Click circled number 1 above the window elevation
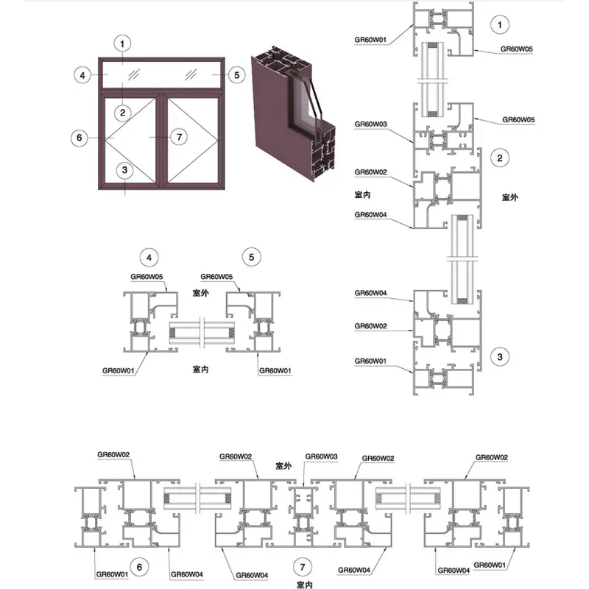point(124,43)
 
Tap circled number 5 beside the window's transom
point(236,74)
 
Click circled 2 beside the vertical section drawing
point(501,157)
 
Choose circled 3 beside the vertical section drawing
point(501,357)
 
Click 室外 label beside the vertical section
point(511,197)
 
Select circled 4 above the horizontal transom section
point(150,257)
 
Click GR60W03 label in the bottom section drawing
point(321,456)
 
